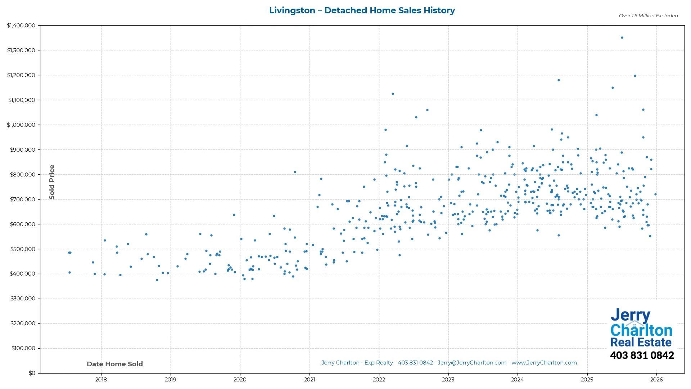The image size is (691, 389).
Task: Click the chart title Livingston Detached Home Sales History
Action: click(x=362, y=10)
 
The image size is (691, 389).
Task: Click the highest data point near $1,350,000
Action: click(x=622, y=37)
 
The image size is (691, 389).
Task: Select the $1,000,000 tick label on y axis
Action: click(x=21, y=125)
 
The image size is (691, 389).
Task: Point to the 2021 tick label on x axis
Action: click(x=309, y=380)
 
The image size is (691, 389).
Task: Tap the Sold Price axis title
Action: click(x=52, y=182)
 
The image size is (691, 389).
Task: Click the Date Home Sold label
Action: click(x=115, y=364)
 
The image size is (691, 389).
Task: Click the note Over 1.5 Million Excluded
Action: click(x=648, y=16)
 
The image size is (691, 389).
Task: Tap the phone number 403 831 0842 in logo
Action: click(x=642, y=356)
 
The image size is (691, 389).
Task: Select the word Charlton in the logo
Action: click(x=641, y=330)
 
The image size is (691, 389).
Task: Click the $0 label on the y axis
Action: click(x=32, y=373)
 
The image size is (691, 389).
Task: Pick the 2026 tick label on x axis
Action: click(x=656, y=380)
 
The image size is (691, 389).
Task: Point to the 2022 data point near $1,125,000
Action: click(x=393, y=94)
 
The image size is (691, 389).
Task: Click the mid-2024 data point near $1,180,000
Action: click(x=559, y=80)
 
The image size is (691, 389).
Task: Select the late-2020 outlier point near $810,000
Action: click(x=295, y=172)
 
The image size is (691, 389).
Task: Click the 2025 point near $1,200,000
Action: click(x=635, y=76)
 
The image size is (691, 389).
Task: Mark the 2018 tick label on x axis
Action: click(x=101, y=380)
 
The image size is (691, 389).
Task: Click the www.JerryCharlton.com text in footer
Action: click(x=544, y=363)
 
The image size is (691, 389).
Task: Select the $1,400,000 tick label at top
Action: click(x=21, y=26)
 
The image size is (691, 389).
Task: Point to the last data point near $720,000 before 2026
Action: click(x=655, y=194)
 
